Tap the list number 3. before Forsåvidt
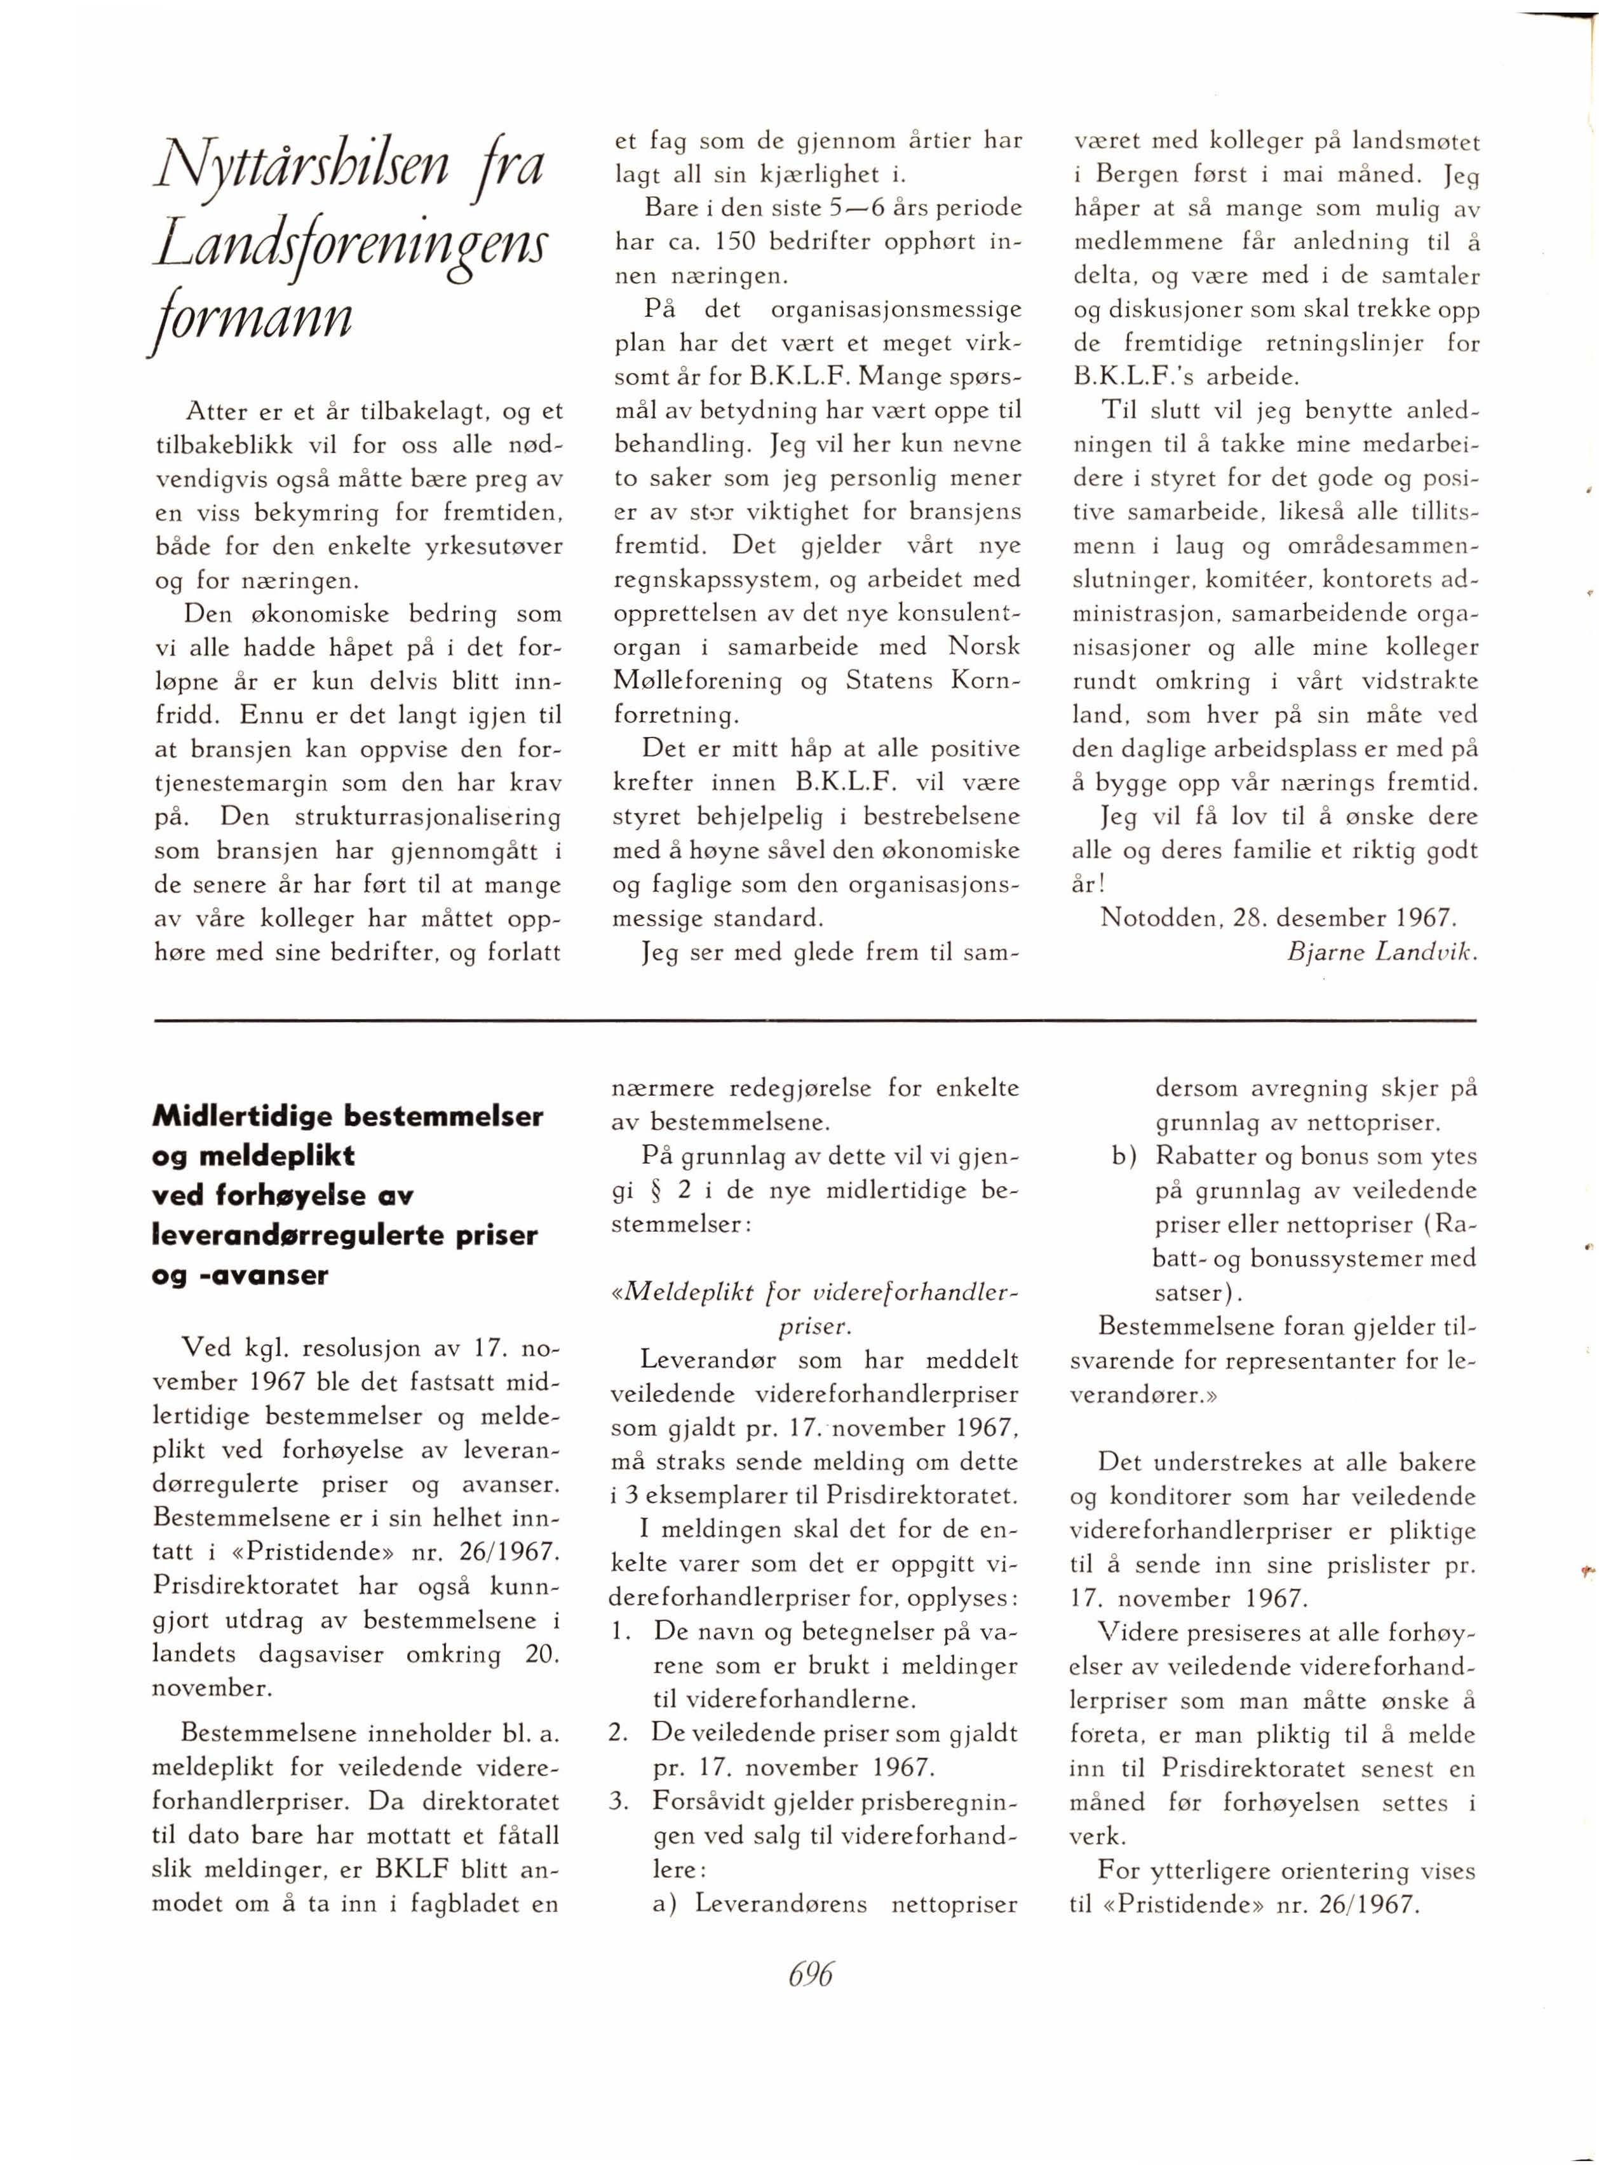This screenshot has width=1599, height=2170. coord(621,1801)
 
